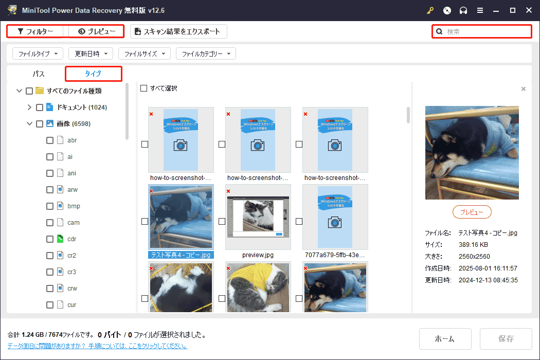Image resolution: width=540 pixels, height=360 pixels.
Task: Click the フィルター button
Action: (35, 31)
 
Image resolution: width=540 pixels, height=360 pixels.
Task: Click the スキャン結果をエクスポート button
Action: (178, 31)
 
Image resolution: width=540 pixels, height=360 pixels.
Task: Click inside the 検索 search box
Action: (486, 31)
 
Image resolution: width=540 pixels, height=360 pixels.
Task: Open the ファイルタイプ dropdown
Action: (37, 53)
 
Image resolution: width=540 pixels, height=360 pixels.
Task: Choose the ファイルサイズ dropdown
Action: (144, 53)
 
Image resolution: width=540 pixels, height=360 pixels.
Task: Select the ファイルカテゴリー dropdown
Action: (206, 53)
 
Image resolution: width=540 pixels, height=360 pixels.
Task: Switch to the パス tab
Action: (39, 74)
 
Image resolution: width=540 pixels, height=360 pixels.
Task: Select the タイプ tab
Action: (93, 74)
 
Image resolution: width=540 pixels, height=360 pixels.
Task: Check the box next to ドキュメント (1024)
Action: (40, 107)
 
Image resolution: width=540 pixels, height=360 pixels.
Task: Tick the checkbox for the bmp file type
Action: (50, 206)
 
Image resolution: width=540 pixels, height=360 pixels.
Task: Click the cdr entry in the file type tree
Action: (72, 239)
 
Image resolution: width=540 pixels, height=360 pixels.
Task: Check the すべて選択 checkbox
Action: (144, 88)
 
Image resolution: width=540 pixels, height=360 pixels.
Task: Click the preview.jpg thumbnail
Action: (258, 217)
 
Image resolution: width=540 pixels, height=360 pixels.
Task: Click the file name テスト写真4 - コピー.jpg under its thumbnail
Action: (181, 255)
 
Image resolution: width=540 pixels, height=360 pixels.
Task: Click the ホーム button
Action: (445, 338)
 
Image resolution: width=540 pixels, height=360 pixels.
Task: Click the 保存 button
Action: (506, 338)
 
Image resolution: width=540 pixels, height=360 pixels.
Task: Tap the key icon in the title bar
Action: (430, 10)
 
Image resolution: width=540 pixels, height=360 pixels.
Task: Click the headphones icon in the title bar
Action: (463, 10)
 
